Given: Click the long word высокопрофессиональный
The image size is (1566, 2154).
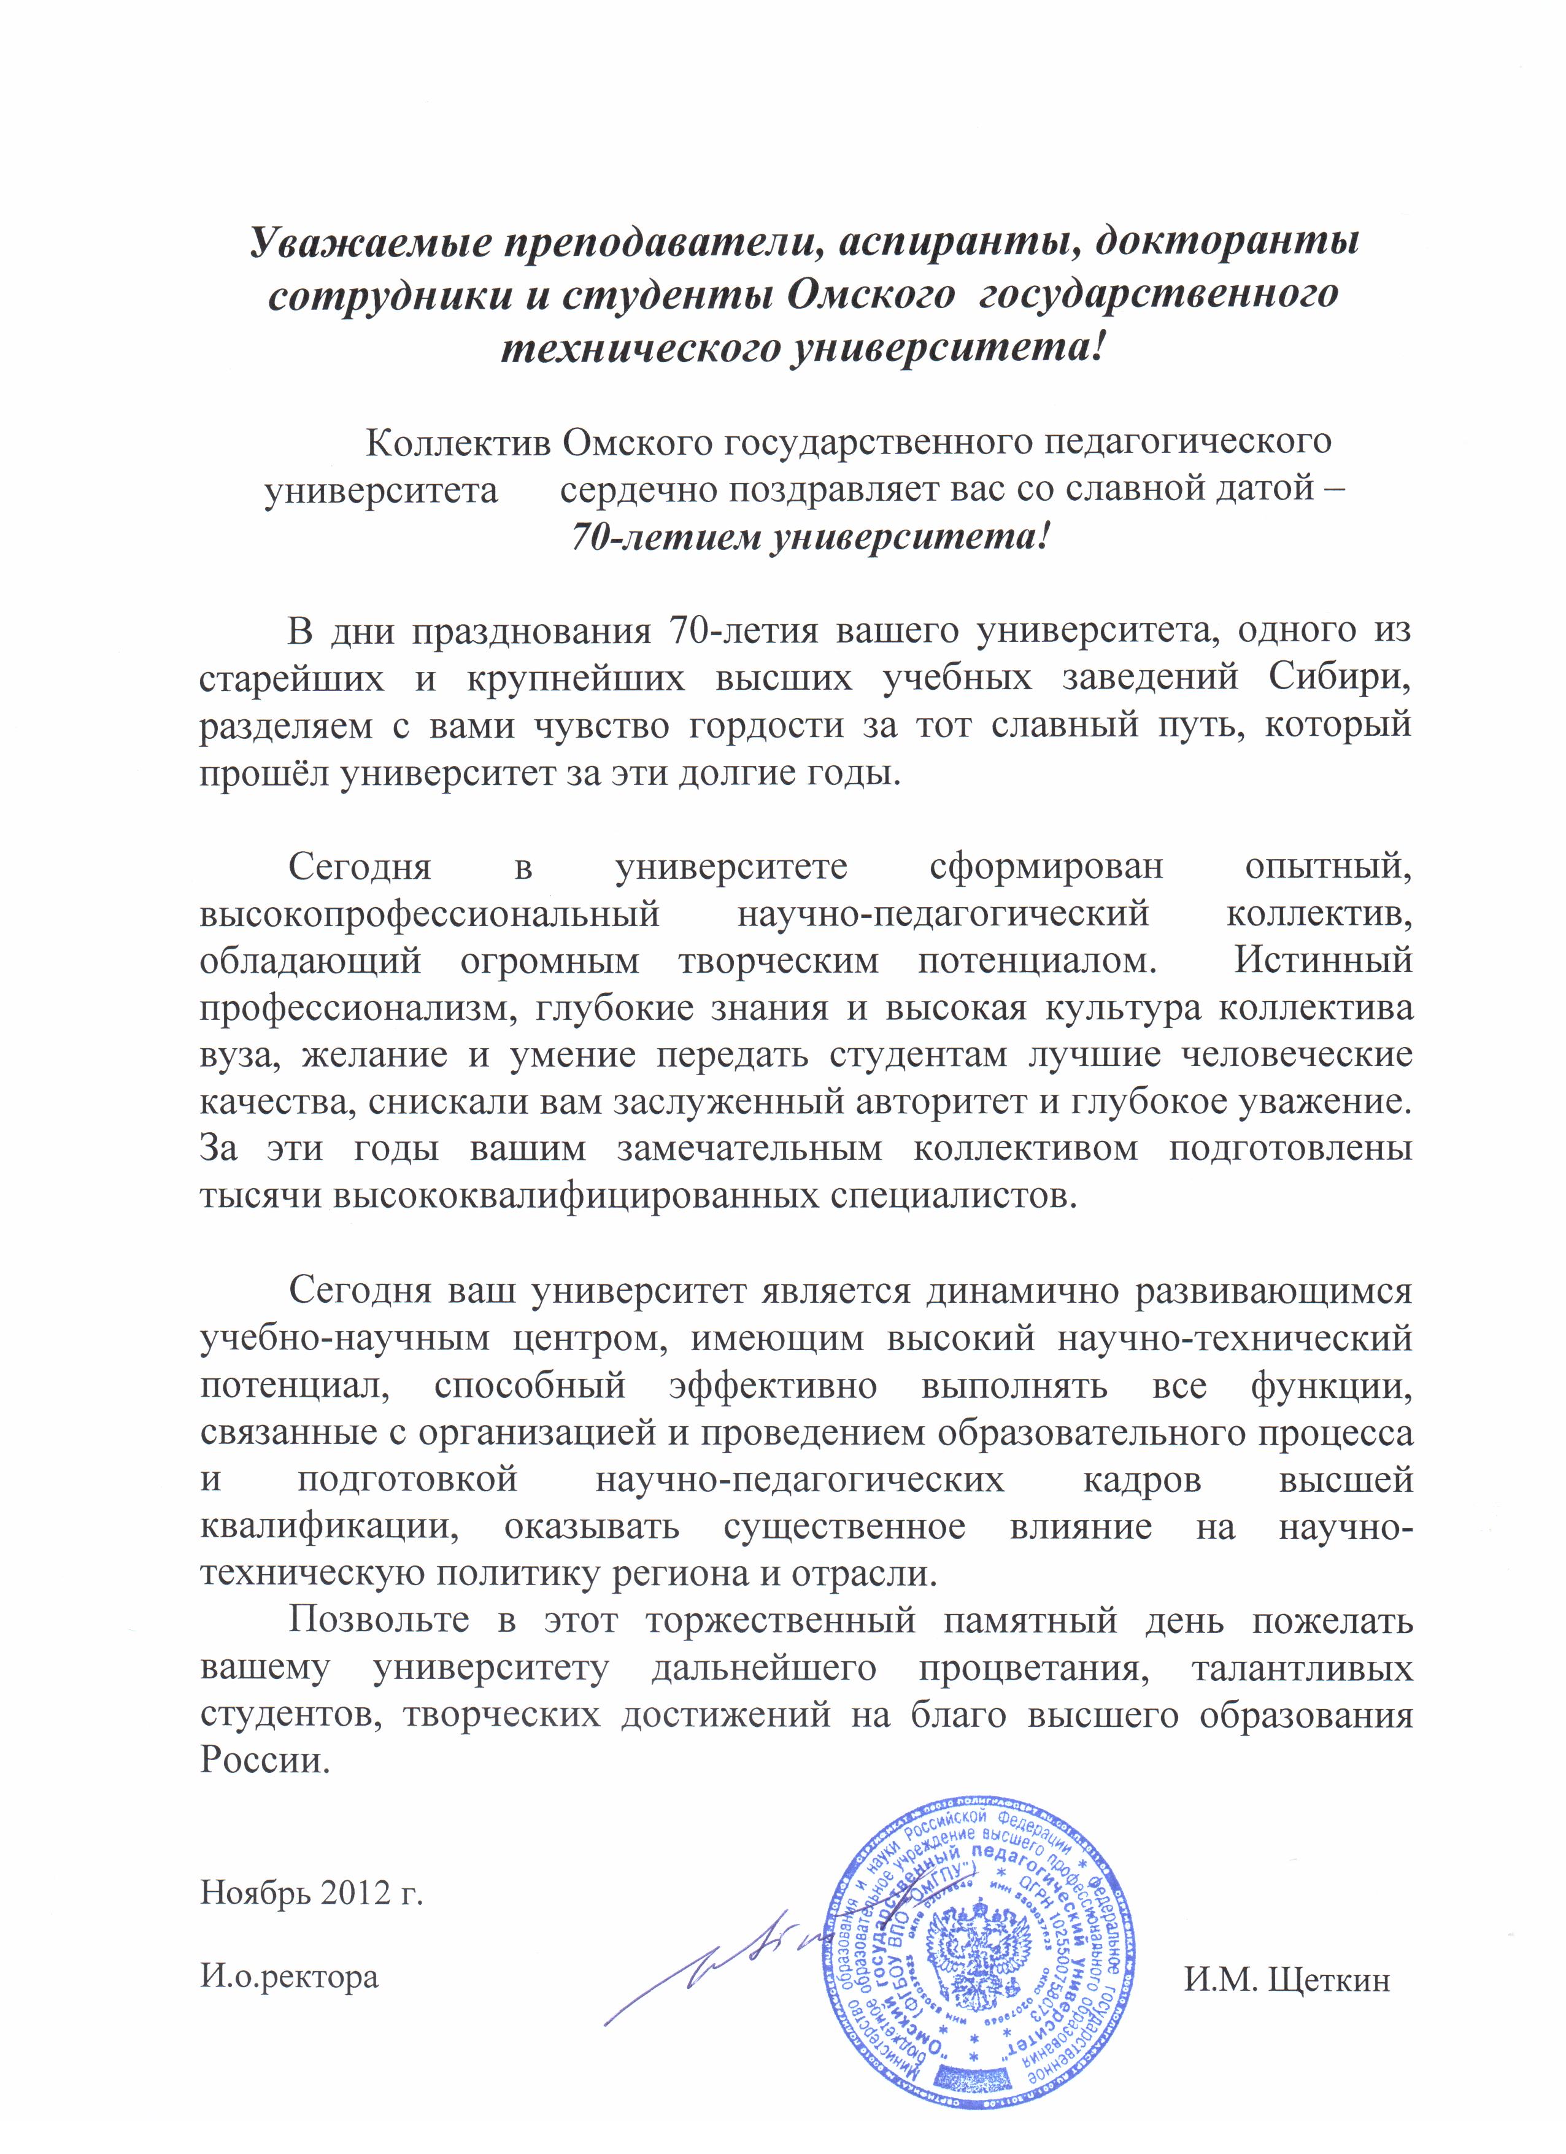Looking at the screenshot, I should (430, 914).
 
